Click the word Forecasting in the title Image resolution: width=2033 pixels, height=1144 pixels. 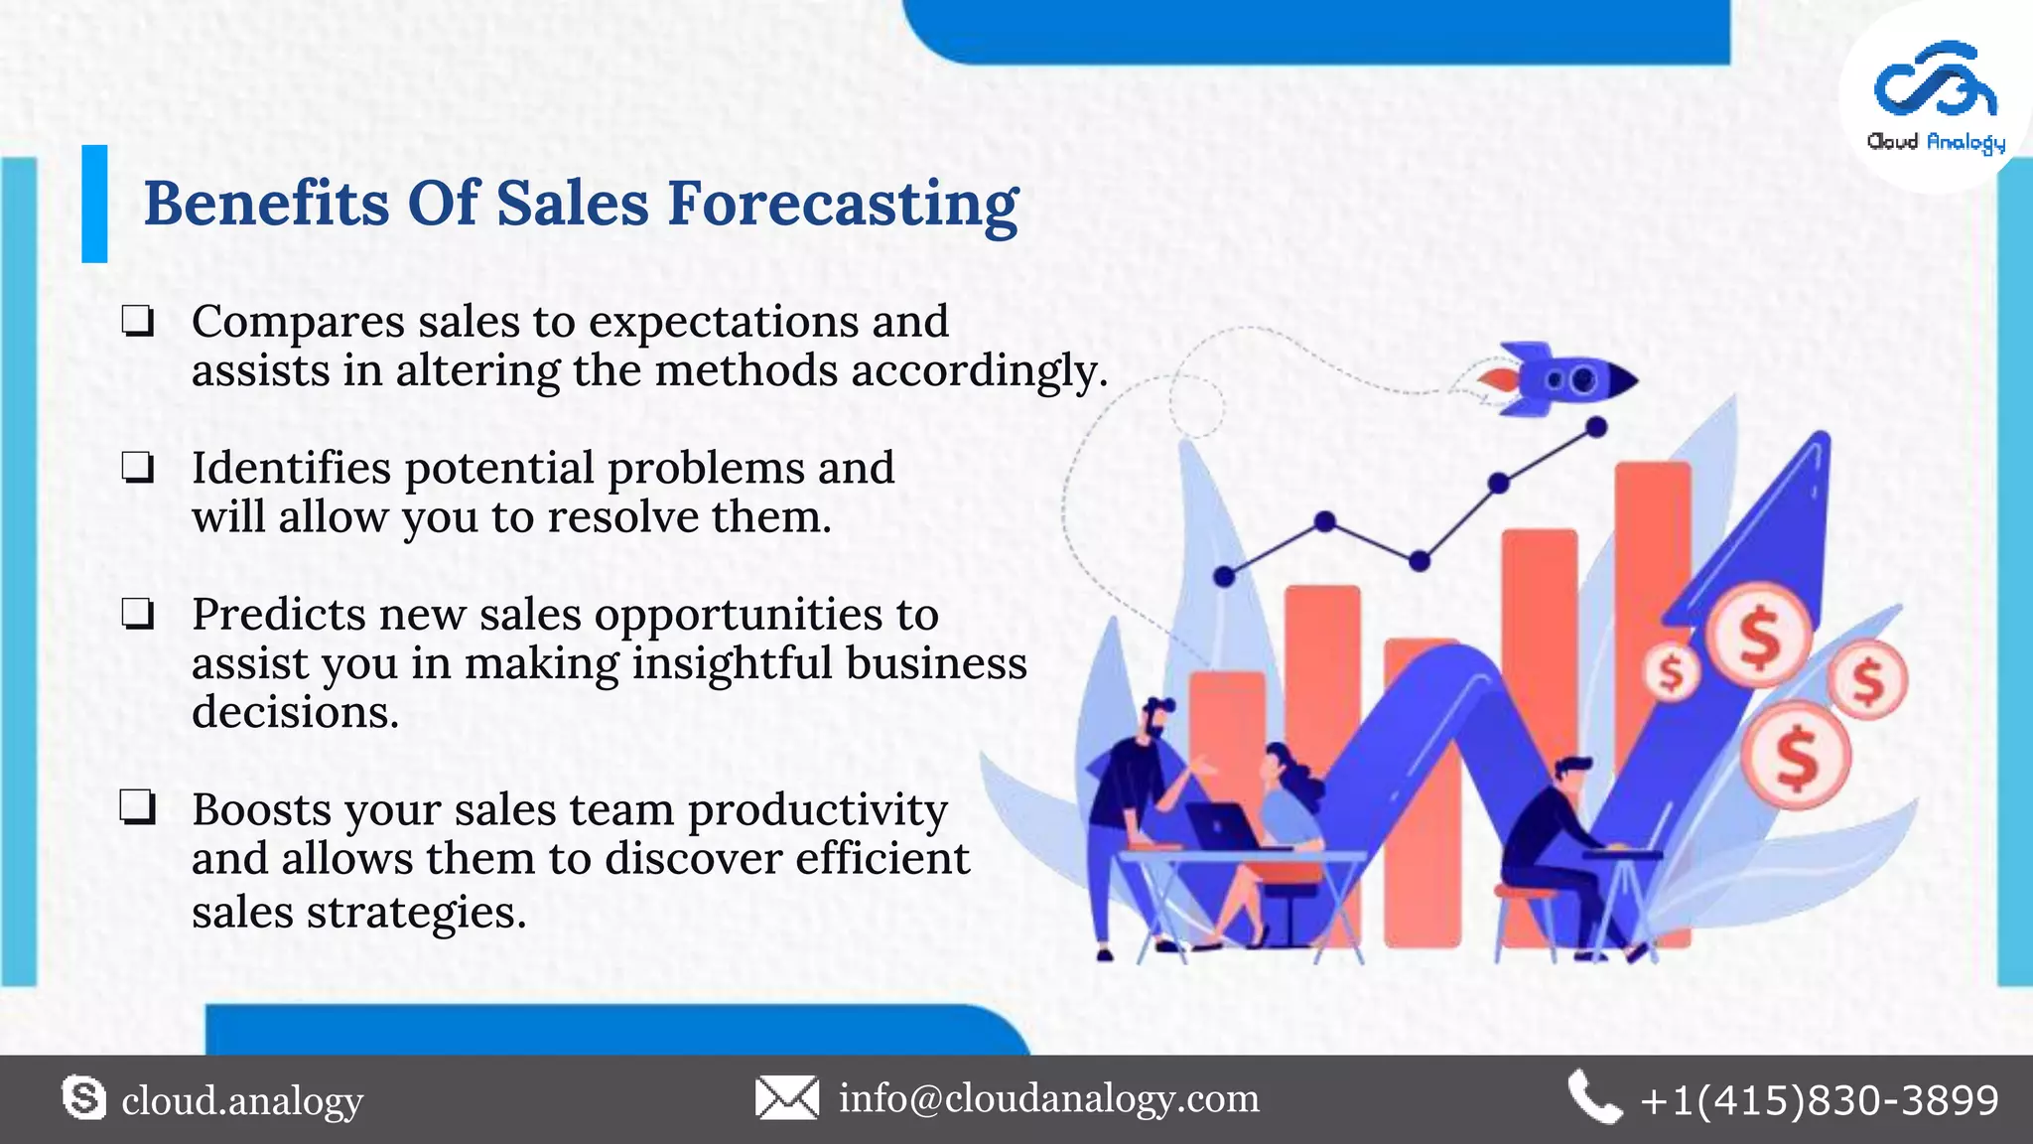pyautogui.click(x=842, y=205)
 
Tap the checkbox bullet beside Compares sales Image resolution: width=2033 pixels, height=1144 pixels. pyautogui.click(x=138, y=322)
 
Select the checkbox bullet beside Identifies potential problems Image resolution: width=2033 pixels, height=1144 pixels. pyautogui.click(x=138, y=468)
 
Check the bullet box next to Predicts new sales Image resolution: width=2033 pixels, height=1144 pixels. pyautogui.click(x=138, y=615)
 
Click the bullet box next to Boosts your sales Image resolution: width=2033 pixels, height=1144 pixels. pyautogui.click(x=138, y=808)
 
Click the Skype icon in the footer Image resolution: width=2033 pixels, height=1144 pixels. pyautogui.click(x=83, y=1098)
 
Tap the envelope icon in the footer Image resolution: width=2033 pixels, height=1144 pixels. pyautogui.click(x=787, y=1098)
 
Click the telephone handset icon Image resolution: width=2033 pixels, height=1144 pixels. pyautogui.click(x=1594, y=1098)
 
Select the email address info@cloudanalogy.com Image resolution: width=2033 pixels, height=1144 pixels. pyautogui.click(x=1048, y=1098)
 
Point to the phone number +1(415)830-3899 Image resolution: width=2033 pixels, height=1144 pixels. pyautogui.click(x=1820, y=1100)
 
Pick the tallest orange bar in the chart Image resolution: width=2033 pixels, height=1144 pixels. pyautogui.click(x=1652, y=596)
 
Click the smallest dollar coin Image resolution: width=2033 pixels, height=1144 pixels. pyautogui.click(x=1673, y=672)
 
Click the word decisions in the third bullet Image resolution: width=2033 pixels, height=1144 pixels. pyautogui.click(x=295, y=712)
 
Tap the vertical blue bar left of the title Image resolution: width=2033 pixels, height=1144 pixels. pyautogui.click(x=94, y=204)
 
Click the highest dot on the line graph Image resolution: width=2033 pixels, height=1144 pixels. pyautogui.click(x=1596, y=428)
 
